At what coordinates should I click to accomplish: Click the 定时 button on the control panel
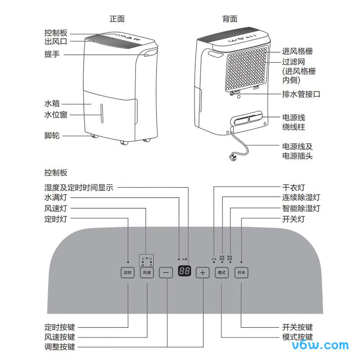point(128,273)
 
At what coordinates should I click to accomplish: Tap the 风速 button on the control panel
point(147,273)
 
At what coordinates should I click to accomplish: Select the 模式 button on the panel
point(222,273)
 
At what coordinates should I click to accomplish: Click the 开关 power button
point(241,273)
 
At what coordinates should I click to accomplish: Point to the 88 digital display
point(184,272)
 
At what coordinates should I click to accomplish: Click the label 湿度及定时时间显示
point(79,188)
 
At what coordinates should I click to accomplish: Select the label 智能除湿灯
point(301,209)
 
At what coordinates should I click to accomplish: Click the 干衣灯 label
point(293,188)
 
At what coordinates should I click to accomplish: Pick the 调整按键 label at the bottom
point(59,347)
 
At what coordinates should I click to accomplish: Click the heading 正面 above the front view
point(117,19)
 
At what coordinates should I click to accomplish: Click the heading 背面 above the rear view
point(229,19)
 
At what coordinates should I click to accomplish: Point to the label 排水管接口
point(301,94)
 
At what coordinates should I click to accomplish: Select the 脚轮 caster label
point(52,135)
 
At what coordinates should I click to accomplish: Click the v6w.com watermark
point(320,345)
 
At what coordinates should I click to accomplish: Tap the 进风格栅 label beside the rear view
point(297,51)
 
